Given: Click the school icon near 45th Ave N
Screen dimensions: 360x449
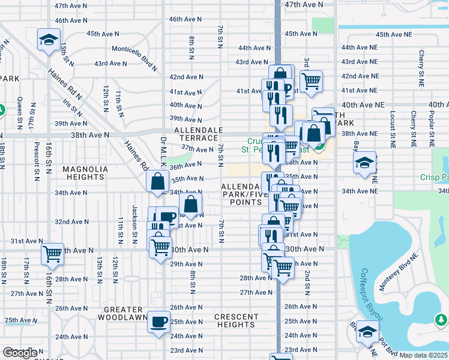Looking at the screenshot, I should coord(47,40).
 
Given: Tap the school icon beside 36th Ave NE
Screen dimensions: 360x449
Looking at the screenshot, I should coord(364,163).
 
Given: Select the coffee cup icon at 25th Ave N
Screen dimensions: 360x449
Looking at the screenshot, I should coord(159,322).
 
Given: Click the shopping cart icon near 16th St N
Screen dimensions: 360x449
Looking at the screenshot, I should coord(52,254).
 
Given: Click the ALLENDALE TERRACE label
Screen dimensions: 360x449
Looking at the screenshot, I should coord(199,134).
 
